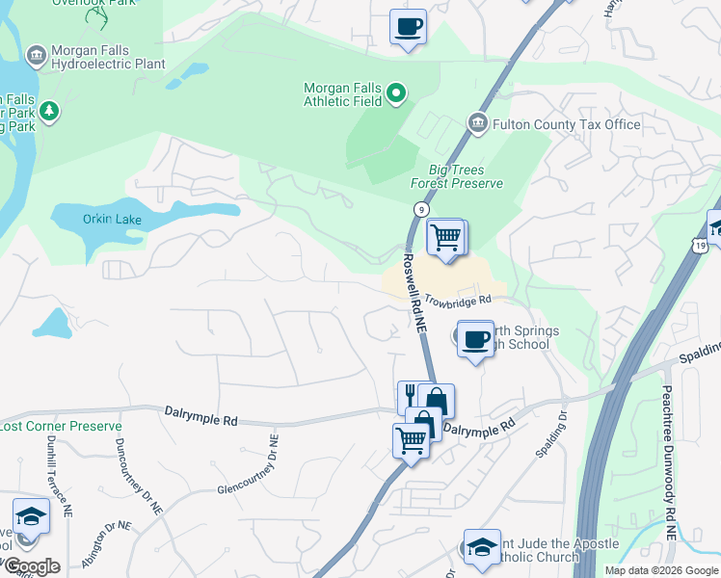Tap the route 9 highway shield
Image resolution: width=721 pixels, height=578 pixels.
(x=421, y=209)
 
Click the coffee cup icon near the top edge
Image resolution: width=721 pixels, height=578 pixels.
(x=408, y=26)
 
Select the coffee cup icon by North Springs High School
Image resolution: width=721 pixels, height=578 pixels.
(x=475, y=339)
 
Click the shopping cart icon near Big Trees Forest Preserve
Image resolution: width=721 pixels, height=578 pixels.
(x=445, y=237)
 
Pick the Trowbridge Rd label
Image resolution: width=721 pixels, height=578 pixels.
(x=466, y=301)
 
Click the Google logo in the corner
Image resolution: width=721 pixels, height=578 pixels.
(x=31, y=566)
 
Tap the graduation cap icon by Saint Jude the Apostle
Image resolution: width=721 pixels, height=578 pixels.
(x=482, y=546)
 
